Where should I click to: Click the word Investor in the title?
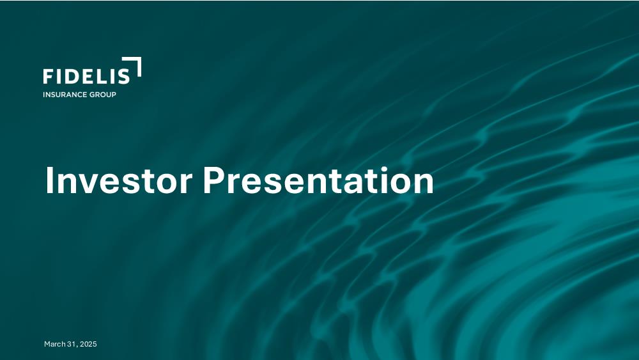[x=119, y=180]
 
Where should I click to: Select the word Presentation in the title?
[x=318, y=180]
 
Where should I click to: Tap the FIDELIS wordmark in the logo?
[x=86, y=76]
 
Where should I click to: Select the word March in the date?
[x=54, y=344]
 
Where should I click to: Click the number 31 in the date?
[x=72, y=344]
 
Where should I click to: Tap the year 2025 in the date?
[x=88, y=344]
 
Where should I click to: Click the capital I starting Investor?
[x=49, y=180]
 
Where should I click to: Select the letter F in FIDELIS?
[x=48, y=76]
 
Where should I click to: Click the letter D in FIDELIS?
[x=72, y=76]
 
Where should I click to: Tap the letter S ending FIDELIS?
[x=124, y=76]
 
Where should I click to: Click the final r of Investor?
[x=185, y=184]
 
